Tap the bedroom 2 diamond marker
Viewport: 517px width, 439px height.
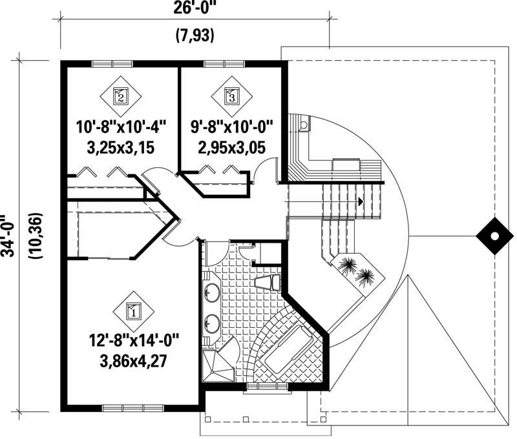[121, 97]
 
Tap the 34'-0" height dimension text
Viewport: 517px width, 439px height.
[8, 236]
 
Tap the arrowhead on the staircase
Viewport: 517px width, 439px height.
[361, 202]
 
